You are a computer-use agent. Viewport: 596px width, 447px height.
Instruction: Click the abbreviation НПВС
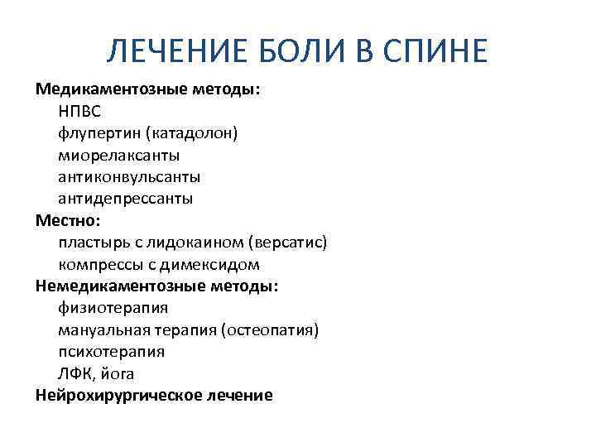(x=79, y=111)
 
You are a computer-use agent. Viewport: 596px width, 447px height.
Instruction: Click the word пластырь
(x=90, y=243)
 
